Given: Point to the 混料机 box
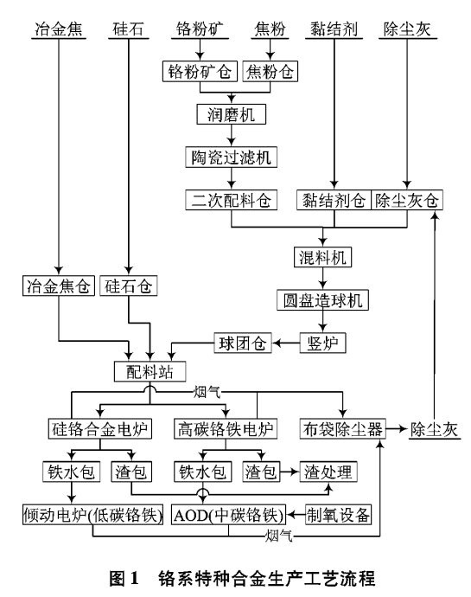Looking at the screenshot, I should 323,257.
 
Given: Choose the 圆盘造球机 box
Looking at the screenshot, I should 323,300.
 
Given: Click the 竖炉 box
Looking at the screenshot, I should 322,343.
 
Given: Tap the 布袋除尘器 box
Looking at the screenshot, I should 341,429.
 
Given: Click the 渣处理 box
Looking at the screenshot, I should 328,472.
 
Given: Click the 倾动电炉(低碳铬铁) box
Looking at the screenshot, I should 92,515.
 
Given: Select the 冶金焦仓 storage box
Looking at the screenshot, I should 57,286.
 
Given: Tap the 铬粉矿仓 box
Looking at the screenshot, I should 200,71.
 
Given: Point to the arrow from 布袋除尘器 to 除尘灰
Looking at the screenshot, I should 395,429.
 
